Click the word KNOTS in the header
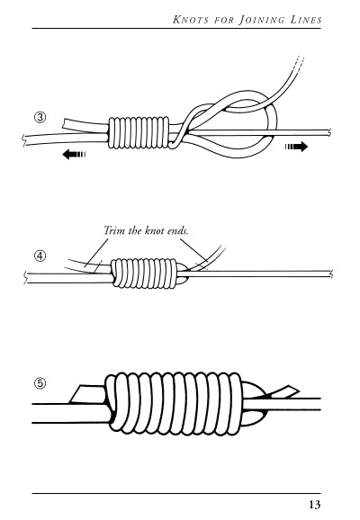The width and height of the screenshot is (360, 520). pos(192,20)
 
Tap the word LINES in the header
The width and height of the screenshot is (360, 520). pos(306,20)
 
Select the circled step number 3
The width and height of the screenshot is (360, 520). pos(40,117)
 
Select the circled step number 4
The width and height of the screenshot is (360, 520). pos(40,256)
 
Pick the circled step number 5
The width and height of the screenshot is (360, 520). pos(40,383)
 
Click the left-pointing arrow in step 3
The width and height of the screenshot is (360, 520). pos(74,154)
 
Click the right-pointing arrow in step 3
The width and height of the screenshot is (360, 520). pos(296,147)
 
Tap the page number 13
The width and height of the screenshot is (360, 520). pos(314,505)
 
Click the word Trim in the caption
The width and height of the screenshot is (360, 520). pos(114,230)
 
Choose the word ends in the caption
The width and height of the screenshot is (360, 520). pos(177,230)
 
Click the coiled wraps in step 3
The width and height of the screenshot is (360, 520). pos(139,132)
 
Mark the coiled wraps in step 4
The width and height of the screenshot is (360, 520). pos(144,273)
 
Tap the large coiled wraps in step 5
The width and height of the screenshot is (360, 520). pos(173,403)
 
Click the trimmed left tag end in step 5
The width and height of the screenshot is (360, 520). pos(87,394)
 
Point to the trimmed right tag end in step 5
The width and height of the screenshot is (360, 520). pos(283,391)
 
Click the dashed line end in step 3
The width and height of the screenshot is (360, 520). pos(299,64)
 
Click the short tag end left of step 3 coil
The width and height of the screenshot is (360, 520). pos(85,123)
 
